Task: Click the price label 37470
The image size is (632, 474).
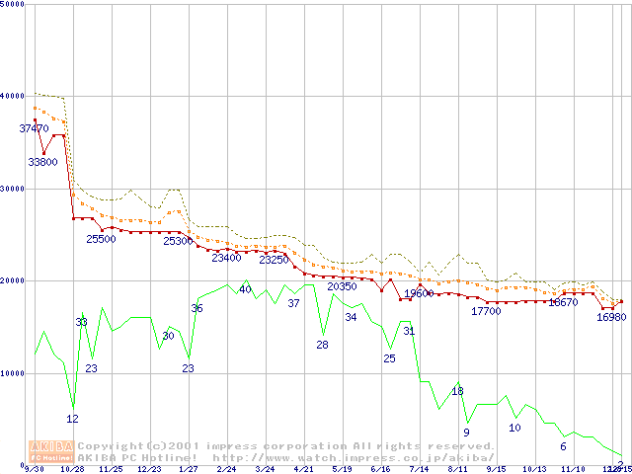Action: point(34,128)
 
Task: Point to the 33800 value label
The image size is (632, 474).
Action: point(42,161)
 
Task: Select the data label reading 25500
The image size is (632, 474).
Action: point(101,239)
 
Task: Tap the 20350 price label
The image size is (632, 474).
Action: point(342,286)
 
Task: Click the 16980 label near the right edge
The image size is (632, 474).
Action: point(611,317)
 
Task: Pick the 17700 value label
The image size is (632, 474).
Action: point(486,311)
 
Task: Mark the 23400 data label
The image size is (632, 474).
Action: point(226,258)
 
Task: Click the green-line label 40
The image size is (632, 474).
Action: point(245,289)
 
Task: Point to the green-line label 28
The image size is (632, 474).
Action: point(322,345)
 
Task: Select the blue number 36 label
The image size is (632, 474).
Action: point(197,309)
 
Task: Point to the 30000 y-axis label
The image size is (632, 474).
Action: point(14,189)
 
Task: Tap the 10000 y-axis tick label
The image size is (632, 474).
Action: point(14,373)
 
